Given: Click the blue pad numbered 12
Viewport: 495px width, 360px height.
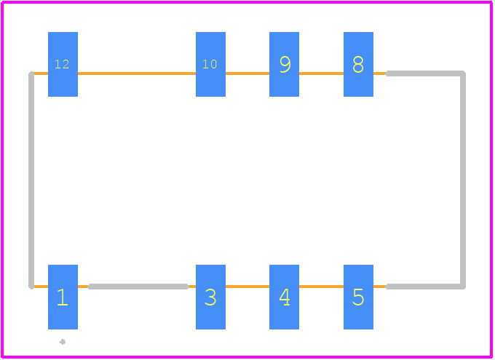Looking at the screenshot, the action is point(63,64).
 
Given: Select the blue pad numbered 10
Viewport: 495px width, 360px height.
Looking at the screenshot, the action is point(210,64).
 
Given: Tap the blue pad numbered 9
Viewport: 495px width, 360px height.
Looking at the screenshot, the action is point(284,64).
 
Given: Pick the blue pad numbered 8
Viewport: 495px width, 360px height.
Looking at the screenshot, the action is point(358,64).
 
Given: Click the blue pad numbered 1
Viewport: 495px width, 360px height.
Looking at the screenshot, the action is point(63,297).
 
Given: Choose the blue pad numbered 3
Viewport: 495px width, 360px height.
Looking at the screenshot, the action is point(210,297).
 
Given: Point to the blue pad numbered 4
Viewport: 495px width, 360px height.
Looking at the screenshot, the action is point(284,297).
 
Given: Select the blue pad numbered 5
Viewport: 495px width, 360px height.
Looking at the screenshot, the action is point(358,297).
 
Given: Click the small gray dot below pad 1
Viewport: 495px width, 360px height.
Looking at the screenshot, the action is point(63,342).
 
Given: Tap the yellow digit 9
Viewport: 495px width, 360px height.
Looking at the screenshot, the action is point(285,65).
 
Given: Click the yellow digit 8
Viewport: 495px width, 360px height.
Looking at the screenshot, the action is point(358,65).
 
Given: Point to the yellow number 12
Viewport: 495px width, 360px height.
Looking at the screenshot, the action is point(62,65).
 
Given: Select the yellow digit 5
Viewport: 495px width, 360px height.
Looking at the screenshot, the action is point(358,297).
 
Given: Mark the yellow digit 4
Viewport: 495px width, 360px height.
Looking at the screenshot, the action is point(285,297).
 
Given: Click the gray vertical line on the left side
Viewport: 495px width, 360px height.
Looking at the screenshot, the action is point(31,180).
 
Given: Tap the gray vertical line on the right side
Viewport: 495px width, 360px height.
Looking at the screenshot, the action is point(462,180).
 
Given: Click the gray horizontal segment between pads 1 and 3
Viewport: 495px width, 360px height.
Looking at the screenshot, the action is point(138,287).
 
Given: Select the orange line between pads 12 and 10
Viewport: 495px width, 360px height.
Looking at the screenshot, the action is point(137,73).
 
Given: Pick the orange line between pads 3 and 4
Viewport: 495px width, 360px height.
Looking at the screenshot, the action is point(247,287).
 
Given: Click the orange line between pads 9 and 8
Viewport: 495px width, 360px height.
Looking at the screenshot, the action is point(321,73).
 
